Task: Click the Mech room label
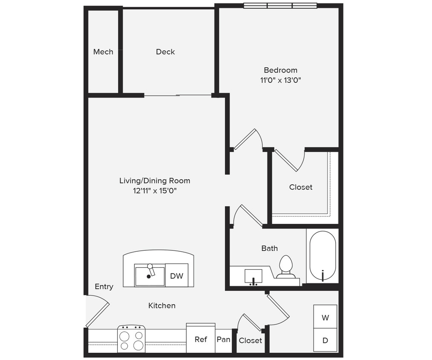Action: [x=103, y=52]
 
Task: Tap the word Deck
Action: [x=165, y=52]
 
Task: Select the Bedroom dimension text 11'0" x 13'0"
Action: [x=280, y=80]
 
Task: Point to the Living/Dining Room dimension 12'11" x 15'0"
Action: [x=155, y=191]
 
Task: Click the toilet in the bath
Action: [x=285, y=267]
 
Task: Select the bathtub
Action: [x=322, y=256]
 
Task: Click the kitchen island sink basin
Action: [x=150, y=276]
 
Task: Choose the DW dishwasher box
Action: [x=177, y=276]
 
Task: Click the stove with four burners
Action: [x=131, y=339]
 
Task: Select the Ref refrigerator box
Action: [x=200, y=339]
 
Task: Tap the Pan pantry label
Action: [x=223, y=340]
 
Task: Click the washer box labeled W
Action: [x=325, y=317]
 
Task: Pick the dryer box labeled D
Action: [x=325, y=340]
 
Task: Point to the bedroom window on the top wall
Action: [x=280, y=6]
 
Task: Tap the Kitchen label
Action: [x=162, y=305]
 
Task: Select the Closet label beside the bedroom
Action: [x=301, y=187]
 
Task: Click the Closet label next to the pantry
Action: [x=250, y=340]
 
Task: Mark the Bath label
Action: [x=270, y=248]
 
